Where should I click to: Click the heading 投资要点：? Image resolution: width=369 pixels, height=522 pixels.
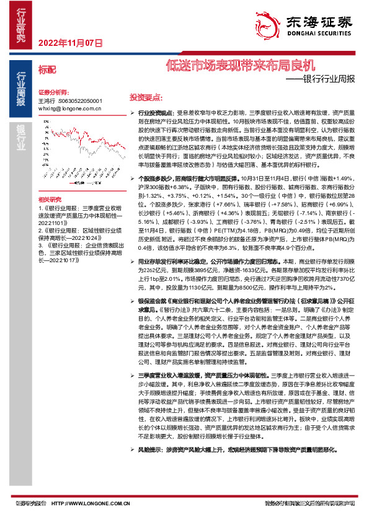click(x=146, y=98)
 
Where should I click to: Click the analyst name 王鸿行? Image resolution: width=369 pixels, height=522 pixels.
click(x=47, y=100)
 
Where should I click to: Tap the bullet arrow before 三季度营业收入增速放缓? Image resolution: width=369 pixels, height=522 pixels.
click(x=132, y=376)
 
